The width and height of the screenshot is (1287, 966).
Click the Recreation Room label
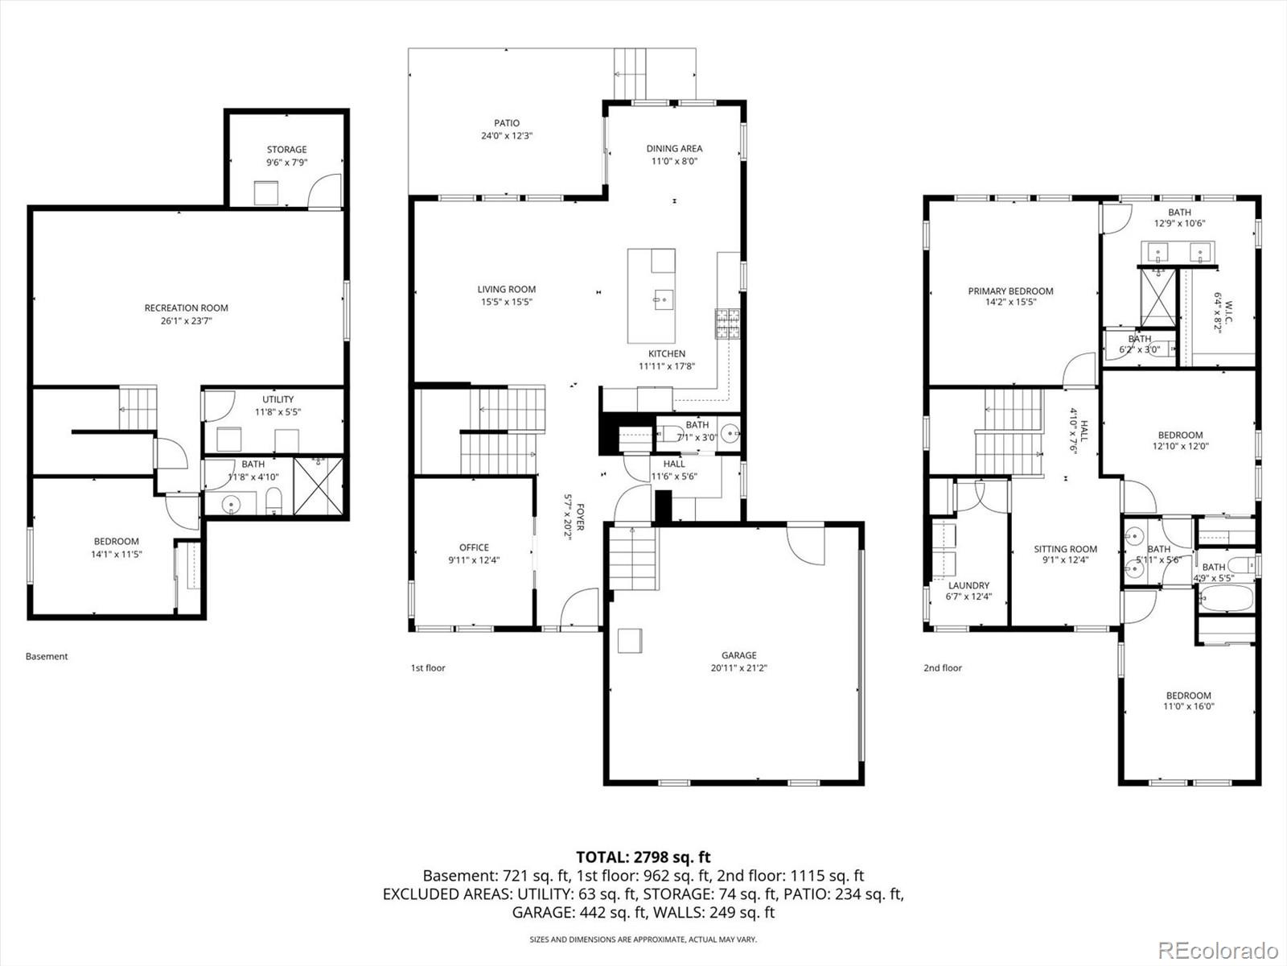(186, 308)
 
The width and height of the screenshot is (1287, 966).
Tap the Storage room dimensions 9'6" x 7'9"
(286, 163)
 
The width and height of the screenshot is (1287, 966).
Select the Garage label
(738, 655)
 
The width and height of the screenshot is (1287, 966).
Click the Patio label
(507, 123)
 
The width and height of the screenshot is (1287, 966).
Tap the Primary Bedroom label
(1010, 291)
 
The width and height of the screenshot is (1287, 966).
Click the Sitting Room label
(1065, 549)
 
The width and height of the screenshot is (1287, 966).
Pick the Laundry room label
(968, 585)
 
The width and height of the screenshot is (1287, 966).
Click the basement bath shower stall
(318, 485)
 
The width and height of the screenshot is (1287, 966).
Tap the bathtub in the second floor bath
(1226, 598)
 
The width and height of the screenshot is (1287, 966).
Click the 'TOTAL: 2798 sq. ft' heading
(643, 857)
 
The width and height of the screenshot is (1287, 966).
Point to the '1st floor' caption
(428, 668)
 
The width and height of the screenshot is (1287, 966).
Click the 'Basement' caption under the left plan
(47, 656)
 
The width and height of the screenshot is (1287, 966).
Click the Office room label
(474, 547)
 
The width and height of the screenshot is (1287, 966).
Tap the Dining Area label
(674, 148)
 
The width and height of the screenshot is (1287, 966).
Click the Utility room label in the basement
(278, 399)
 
